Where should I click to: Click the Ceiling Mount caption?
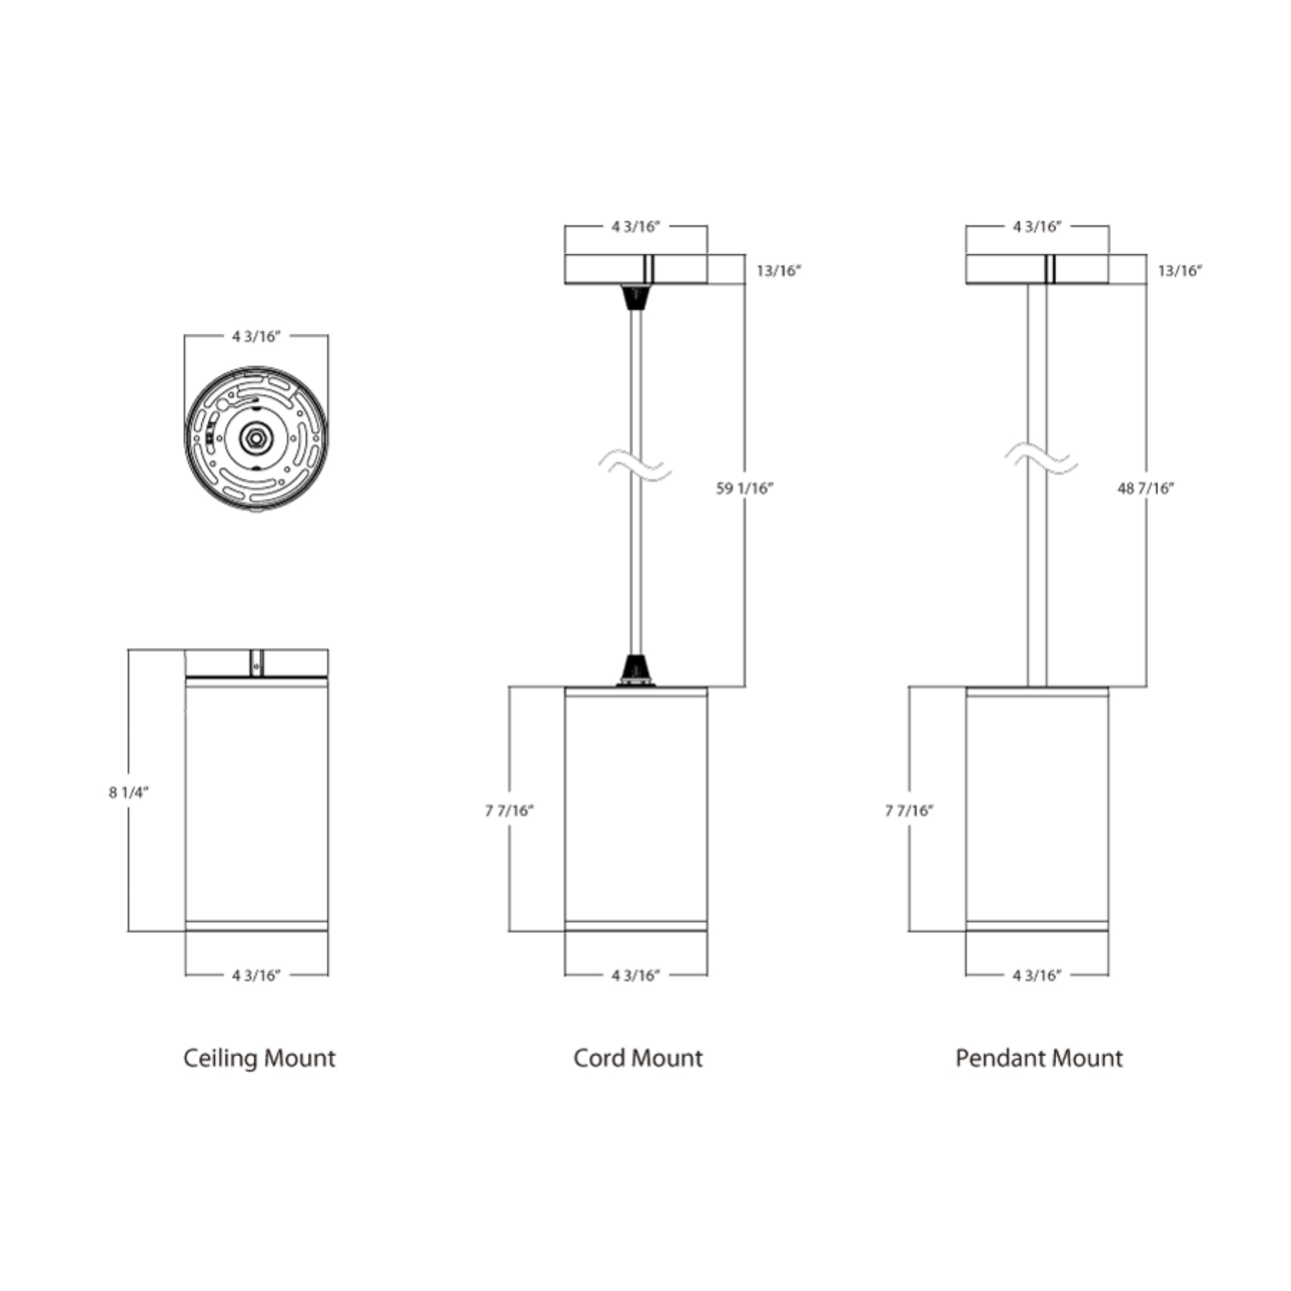[x=259, y=1059]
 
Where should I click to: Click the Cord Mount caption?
[x=638, y=1059]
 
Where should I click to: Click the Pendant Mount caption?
[x=1039, y=1059]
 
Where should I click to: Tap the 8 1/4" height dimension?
[x=128, y=793]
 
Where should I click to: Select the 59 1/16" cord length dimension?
[x=744, y=489]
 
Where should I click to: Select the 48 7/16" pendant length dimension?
[x=1145, y=489]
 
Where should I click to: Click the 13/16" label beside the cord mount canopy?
[x=778, y=270]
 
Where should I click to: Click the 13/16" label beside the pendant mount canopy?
[x=1179, y=270]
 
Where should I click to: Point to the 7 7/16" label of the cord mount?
[x=509, y=811]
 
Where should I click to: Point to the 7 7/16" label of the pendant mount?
[x=909, y=811]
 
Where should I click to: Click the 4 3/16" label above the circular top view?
[x=256, y=336]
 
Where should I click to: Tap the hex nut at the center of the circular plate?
[x=255, y=438]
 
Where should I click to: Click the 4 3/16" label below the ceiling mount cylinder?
[x=256, y=975]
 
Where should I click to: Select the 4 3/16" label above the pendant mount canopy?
[x=1037, y=227]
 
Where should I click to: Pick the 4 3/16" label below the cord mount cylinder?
[x=635, y=975]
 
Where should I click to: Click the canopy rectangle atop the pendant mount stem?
[x=1002, y=269]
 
